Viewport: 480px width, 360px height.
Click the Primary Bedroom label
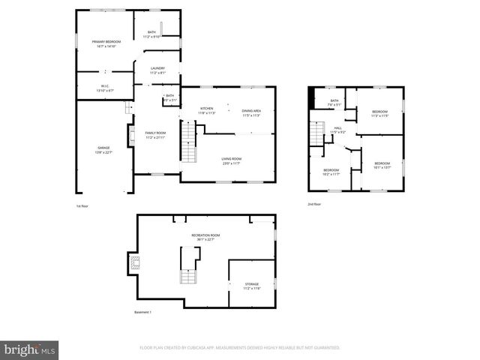106,43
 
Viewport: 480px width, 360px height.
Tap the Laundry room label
157,70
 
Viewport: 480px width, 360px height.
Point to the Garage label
103,150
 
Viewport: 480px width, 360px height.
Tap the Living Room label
230,160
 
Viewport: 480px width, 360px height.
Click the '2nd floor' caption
314,204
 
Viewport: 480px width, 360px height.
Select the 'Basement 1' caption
142,312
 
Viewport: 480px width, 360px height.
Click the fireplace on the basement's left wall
134,262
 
